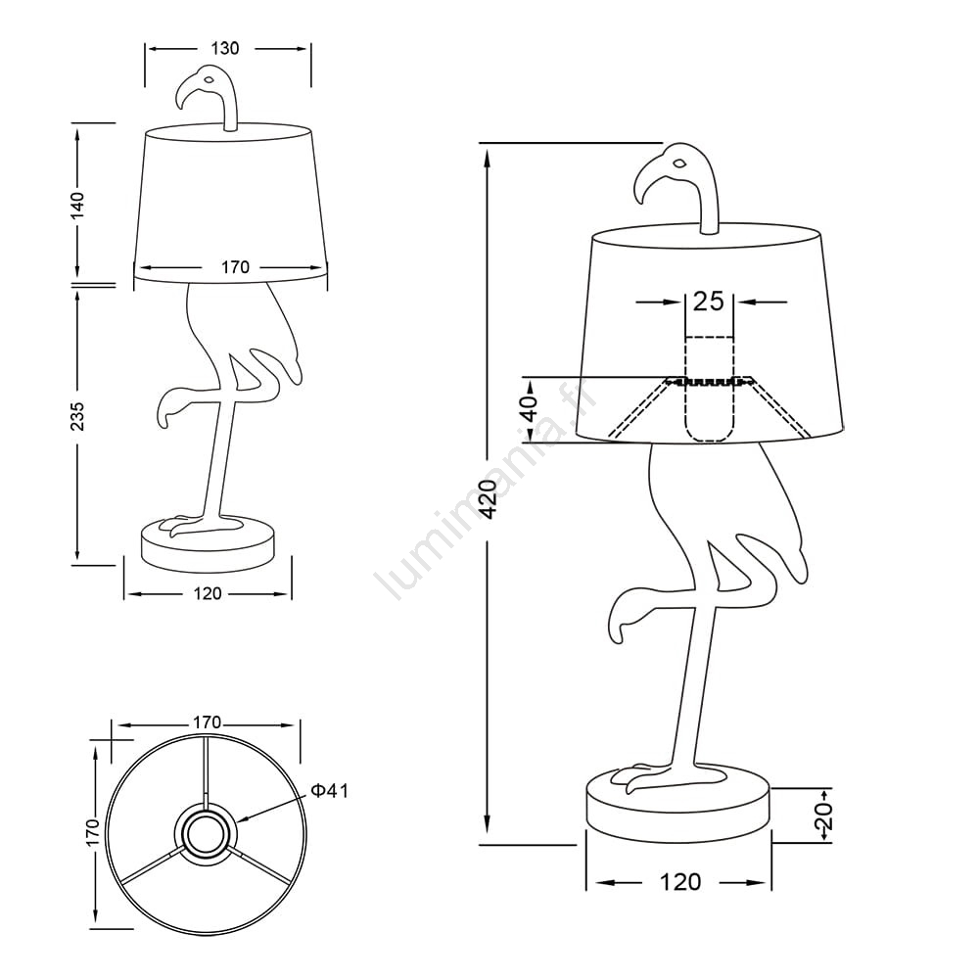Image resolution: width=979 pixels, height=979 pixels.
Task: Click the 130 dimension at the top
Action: click(x=225, y=48)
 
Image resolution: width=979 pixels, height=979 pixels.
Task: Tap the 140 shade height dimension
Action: click(x=77, y=206)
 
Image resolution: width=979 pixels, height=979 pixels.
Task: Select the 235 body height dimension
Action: click(x=77, y=416)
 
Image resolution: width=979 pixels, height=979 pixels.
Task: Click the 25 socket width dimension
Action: click(x=709, y=302)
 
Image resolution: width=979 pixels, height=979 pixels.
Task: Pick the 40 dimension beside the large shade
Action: click(x=529, y=409)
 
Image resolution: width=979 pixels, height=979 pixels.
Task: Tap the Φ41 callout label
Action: click(x=330, y=791)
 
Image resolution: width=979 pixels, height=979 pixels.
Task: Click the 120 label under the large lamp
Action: click(x=680, y=882)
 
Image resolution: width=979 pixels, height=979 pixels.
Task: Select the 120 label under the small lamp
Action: click(x=208, y=593)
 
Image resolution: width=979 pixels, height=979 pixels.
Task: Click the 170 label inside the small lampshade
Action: click(x=235, y=267)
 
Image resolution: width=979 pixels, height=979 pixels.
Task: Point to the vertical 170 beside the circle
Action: click(x=93, y=832)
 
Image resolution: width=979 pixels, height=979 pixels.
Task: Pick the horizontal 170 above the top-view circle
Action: click(x=207, y=723)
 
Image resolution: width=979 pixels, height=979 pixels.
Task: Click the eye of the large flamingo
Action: click(x=679, y=163)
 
